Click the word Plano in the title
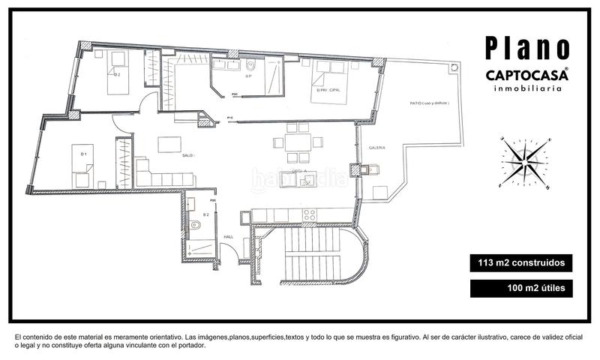tap(526, 46)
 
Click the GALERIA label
tap(376, 148)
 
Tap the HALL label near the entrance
tap(229, 237)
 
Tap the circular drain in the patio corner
tap(453, 68)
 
